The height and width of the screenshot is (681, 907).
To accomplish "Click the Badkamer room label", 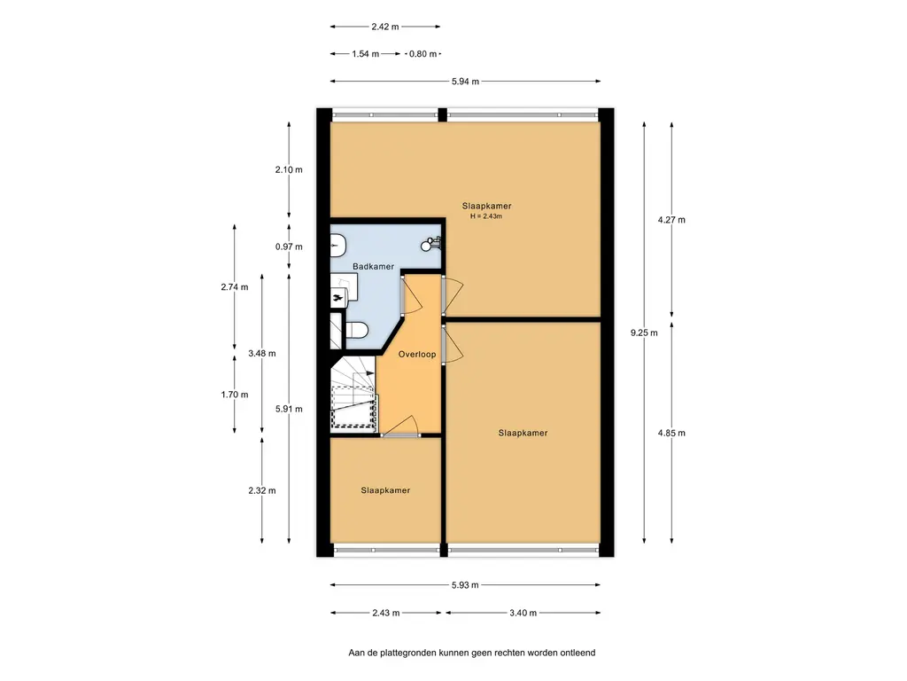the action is tap(373, 266).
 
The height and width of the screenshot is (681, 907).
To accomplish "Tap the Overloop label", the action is tap(417, 355).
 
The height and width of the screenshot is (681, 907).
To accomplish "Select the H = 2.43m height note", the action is tap(486, 216).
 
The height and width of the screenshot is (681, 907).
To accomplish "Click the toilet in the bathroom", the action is tap(357, 330).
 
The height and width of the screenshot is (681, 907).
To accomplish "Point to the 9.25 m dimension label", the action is tap(644, 333).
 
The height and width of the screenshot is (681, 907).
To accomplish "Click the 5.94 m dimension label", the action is tap(465, 82).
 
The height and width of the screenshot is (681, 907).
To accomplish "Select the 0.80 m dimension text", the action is tap(422, 54).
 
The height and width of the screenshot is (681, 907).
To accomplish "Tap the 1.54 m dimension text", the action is tap(366, 54).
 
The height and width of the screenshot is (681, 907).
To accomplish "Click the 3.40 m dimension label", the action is tap(523, 613).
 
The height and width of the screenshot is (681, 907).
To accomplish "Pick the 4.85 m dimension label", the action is tap(671, 433).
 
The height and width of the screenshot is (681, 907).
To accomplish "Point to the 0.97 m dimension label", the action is tap(289, 247).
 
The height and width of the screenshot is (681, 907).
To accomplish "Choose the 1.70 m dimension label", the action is tap(234, 395).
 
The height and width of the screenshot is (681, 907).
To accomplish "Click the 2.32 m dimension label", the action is tap(261, 490).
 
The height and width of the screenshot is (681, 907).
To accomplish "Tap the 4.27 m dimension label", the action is tap(671, 220).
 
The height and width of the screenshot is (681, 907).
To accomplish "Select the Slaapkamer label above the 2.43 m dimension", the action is tap(385, 490).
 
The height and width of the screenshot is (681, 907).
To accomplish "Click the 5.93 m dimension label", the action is tap(465, 585).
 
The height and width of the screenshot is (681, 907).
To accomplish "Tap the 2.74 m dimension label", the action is tap(234, 287).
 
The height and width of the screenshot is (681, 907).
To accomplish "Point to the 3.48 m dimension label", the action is tap(261, 353).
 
